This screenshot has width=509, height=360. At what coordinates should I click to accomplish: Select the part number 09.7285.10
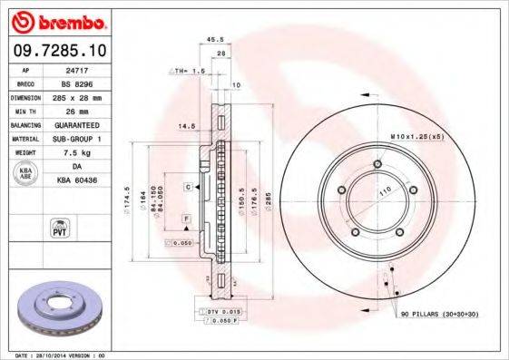pos(55,52)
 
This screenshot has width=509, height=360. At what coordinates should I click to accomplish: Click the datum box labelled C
pos(188,187)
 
